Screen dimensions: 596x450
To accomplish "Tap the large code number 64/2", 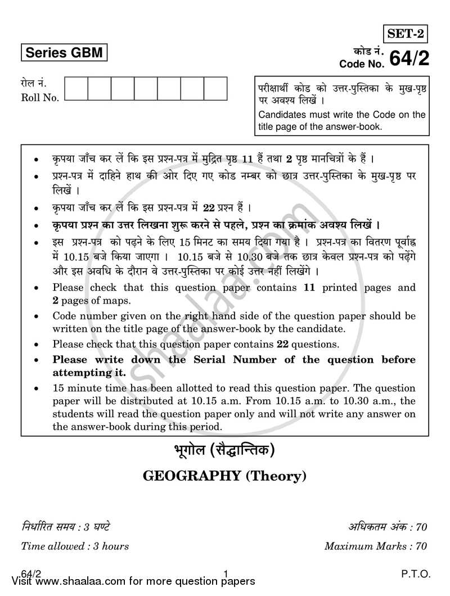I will pos(408,58).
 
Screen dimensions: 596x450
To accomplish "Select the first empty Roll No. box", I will pos(76,89).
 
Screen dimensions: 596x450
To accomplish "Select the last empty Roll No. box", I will pos(215,89).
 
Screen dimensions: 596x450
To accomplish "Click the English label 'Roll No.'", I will pos(40,98).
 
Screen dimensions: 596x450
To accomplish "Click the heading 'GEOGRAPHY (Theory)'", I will pos(225,476).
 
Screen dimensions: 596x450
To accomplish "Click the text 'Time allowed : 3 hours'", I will pos(75,546).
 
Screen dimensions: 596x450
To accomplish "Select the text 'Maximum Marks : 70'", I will pos(376,546).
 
